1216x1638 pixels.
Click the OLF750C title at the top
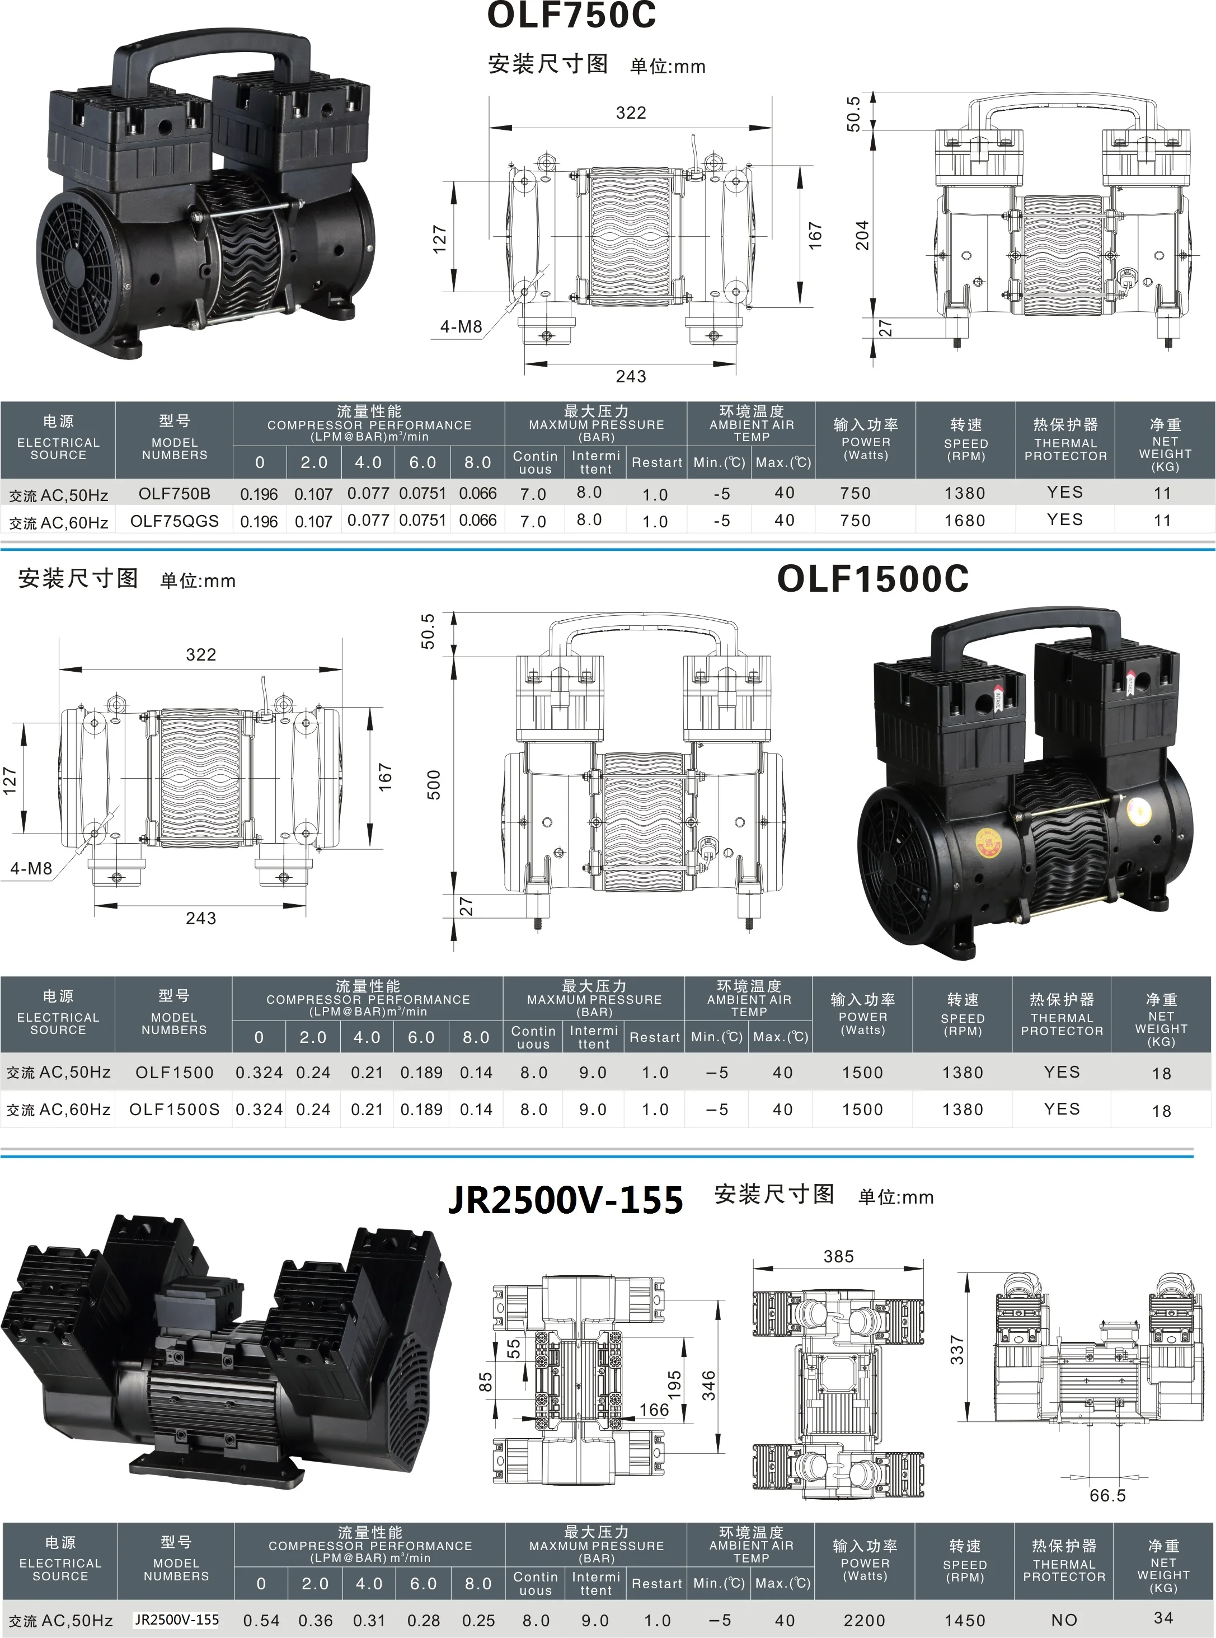tap(571, 16)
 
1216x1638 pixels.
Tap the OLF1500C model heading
tap(872, 579)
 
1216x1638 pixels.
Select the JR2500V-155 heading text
tap(565, 1200)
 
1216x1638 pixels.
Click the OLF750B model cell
tap(175, 494)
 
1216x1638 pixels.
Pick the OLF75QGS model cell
tap(175, 521)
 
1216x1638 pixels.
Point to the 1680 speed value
tap(965, 521)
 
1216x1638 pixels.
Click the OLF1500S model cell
tap(175, 1110)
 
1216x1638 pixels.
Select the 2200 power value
tap(864, 1620)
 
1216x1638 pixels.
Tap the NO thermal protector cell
tap(1064, 1620)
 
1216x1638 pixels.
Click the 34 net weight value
tap(1163, 1618)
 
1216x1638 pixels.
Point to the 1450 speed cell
tap(964, 1620)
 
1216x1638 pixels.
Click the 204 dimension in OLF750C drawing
tap(862, 235)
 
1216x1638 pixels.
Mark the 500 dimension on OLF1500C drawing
tap(434, 785)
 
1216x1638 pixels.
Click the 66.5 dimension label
tap(1107, 1495)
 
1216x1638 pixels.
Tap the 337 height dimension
tap(956, 1349)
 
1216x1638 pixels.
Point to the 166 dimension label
tap(654, 1410)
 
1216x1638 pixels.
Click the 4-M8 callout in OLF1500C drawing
tap(31, 869)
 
